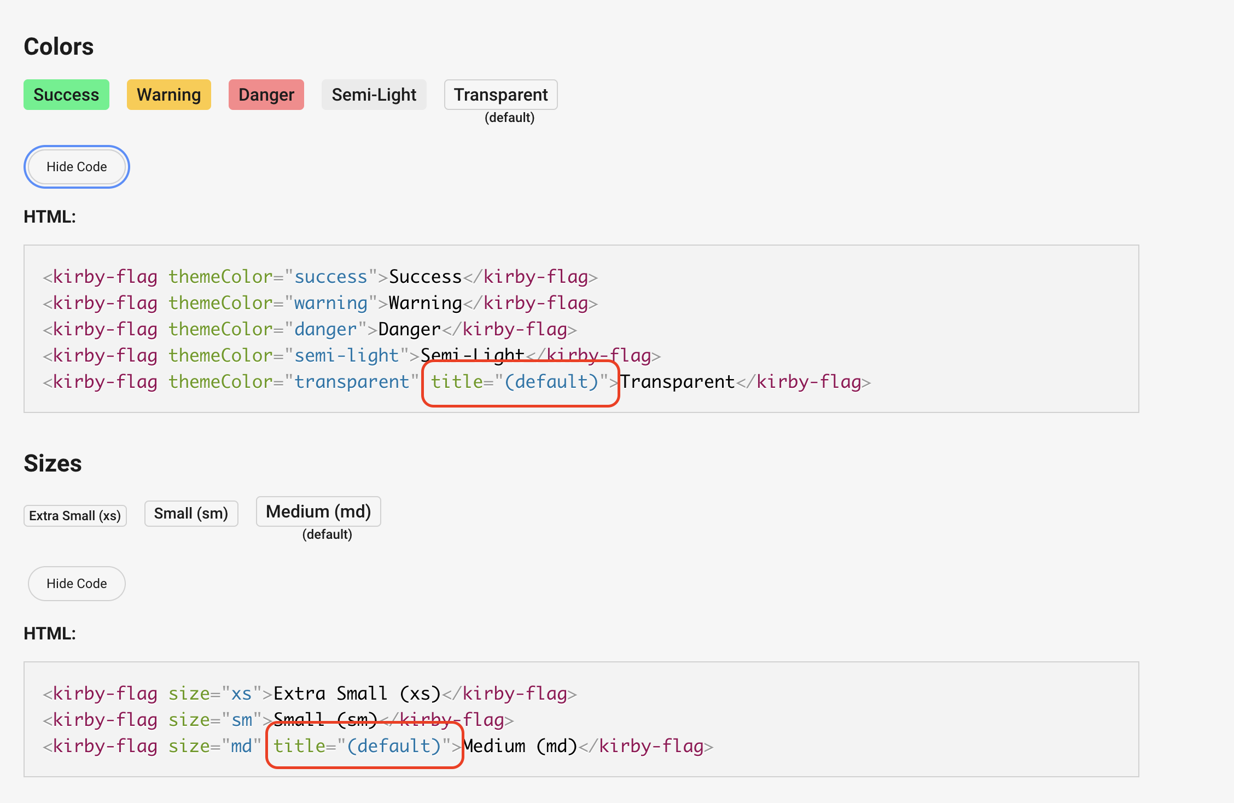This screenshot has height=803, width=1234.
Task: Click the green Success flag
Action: [x=66, y=95]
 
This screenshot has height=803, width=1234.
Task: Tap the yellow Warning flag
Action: [x=168, y=95]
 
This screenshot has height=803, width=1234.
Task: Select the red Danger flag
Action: [x=266, y=95]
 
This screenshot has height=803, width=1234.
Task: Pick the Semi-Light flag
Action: [x=374, y=95]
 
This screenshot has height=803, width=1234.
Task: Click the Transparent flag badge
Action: [x=500, y=95]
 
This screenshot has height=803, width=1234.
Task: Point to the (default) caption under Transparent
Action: [x=509, y=118]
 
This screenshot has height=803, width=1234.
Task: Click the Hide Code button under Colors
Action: [x=77, y=167]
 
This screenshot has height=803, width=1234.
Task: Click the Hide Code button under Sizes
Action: [x=77, y=584]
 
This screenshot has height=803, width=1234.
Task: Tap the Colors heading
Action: [x=59, y=46]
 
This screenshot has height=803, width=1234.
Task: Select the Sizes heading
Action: [x=53, y=463]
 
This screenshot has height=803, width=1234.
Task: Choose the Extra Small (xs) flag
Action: [x=75, y=516]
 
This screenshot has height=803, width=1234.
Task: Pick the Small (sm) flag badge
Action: [x=191, y=514]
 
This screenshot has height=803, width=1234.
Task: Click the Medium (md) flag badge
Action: [x=318, y=511]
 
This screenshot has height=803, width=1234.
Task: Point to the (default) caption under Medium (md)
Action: [x=327, y=534]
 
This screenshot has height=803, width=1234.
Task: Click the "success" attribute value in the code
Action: [x=330, y=277]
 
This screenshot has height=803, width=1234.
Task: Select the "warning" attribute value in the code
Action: [x=330, y=303]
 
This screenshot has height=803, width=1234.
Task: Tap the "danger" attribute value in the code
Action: [x=325, y=329]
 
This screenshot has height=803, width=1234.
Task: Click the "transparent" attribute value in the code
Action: [x=352, y=382]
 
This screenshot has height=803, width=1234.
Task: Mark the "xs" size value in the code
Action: [x=241, y=694]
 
